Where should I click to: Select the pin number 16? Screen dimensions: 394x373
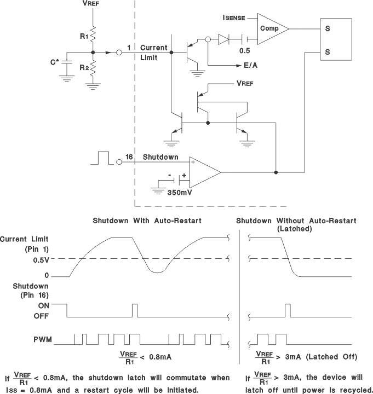click(129, 157)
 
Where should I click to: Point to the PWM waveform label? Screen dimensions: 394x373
click(42, 340)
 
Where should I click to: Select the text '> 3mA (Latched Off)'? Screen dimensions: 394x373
click(318, 357)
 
